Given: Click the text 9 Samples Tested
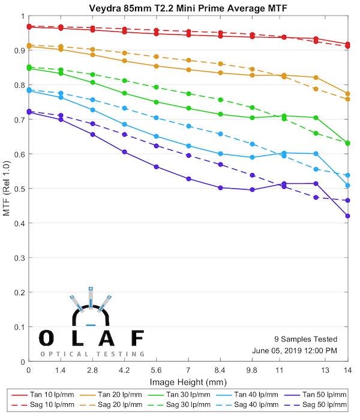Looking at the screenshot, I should pyautogui.click(x=305, y=339).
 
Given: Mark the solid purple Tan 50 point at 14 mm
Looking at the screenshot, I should pyautogui.click(x=347, y=216).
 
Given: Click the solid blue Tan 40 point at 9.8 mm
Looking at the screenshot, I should pyautogui.click(x=252, y=157).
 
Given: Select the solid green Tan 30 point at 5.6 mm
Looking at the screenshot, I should pyautogui.click(x=156, y=102).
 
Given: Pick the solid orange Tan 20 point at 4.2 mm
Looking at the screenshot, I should pyautogui.click(x=124, y=61).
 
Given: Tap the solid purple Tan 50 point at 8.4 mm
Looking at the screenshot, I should pyautogui.click(x=220, y=188).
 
